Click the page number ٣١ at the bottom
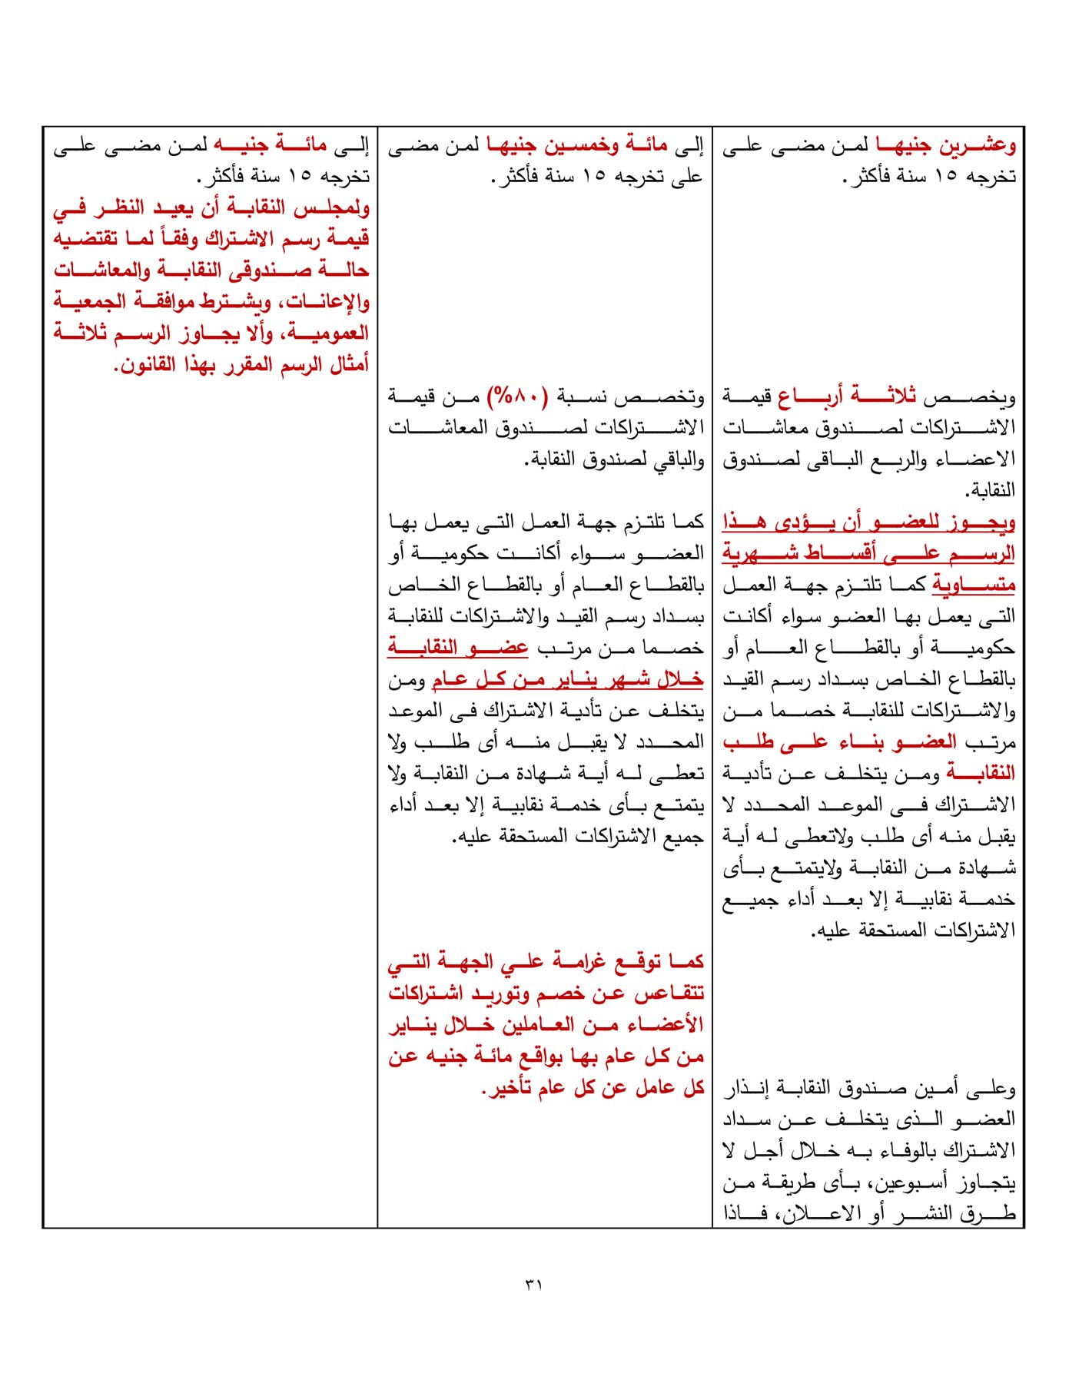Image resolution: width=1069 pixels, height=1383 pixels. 533,1284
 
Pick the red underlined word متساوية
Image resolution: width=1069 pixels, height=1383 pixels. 974,585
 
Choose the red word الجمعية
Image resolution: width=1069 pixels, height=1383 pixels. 87,302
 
